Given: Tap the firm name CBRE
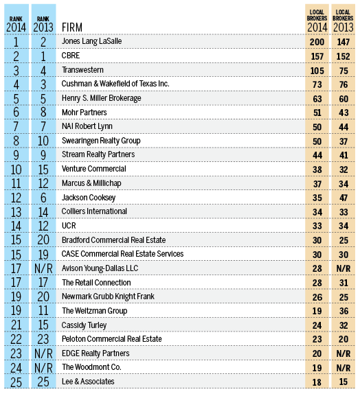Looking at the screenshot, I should [x=71, y=55].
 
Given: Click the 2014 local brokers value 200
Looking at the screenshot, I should [x=317, y=41].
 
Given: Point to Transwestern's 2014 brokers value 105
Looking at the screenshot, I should [x=317, y=69].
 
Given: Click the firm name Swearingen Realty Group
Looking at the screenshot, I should [x=101, y=141].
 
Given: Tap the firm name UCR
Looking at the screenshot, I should [x=69, y=226].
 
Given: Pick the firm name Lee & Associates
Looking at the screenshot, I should [x=89, y=382].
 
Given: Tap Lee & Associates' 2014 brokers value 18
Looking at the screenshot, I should [x=317, y=382].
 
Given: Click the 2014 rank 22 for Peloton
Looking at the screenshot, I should [x=16, y=339].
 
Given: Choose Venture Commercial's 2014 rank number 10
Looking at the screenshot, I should [x=16, y=169].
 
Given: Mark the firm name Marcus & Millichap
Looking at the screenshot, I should [x=92, y=183].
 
